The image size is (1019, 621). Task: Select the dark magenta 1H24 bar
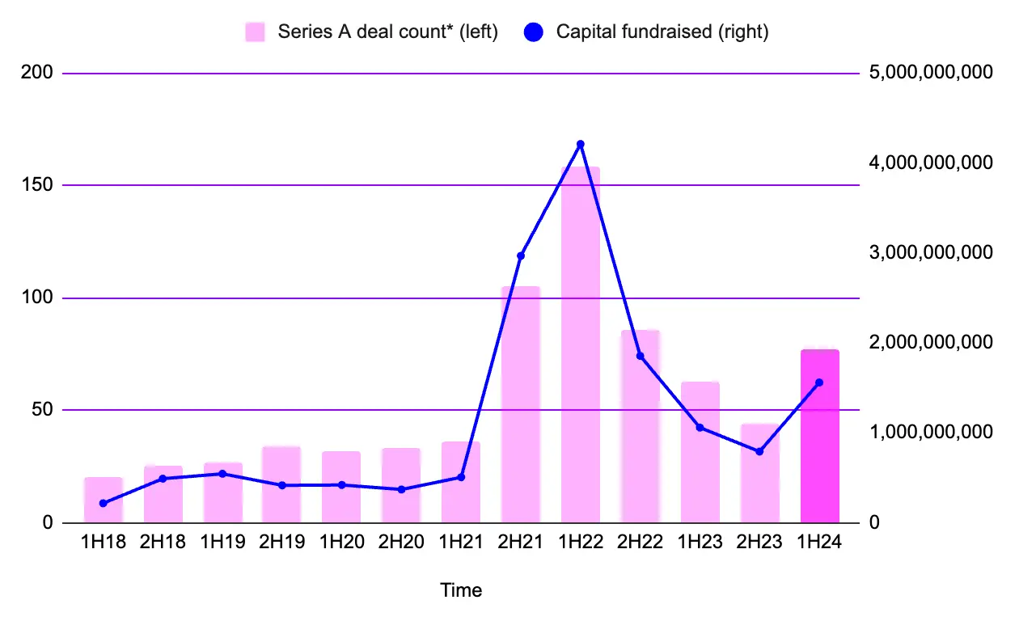[820, 436]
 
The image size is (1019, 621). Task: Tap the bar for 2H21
[521, 404]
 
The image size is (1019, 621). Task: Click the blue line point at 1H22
[581, 144]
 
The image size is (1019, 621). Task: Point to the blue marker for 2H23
[759, 451]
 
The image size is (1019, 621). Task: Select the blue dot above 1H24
[819, 382]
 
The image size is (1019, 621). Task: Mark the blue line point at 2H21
[521, 256]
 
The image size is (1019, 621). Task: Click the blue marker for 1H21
[461, 477]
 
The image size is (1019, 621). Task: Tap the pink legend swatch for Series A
[256, 32]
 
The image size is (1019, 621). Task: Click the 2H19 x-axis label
[282, 543]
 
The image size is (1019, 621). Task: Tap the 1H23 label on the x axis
[700, 543]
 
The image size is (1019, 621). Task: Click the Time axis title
[461, 590]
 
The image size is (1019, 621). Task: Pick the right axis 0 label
[874, 523]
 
